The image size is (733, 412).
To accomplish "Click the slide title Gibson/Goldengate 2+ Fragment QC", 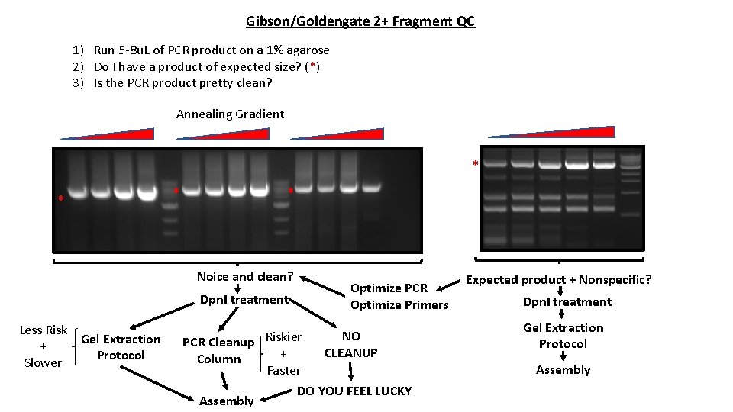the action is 360,21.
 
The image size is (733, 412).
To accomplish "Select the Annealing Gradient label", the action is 230,114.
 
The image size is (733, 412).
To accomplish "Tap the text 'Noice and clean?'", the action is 245,277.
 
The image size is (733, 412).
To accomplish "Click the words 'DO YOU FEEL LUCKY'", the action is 354,391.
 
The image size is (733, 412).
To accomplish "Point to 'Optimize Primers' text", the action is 399,305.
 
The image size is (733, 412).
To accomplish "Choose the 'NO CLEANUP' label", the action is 351,344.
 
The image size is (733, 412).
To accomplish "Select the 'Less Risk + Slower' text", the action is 43,346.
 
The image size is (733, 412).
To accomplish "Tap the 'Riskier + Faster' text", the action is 283,353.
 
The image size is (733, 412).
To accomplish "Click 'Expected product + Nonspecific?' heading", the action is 559,280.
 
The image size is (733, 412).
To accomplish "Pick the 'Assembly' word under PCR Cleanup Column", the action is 226,401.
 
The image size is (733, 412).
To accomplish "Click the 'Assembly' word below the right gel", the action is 563,370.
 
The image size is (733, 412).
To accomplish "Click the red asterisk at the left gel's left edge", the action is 61,200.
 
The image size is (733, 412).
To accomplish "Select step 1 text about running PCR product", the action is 202,50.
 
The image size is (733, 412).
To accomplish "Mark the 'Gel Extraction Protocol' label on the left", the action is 121,347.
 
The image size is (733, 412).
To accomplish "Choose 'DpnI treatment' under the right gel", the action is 567,301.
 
